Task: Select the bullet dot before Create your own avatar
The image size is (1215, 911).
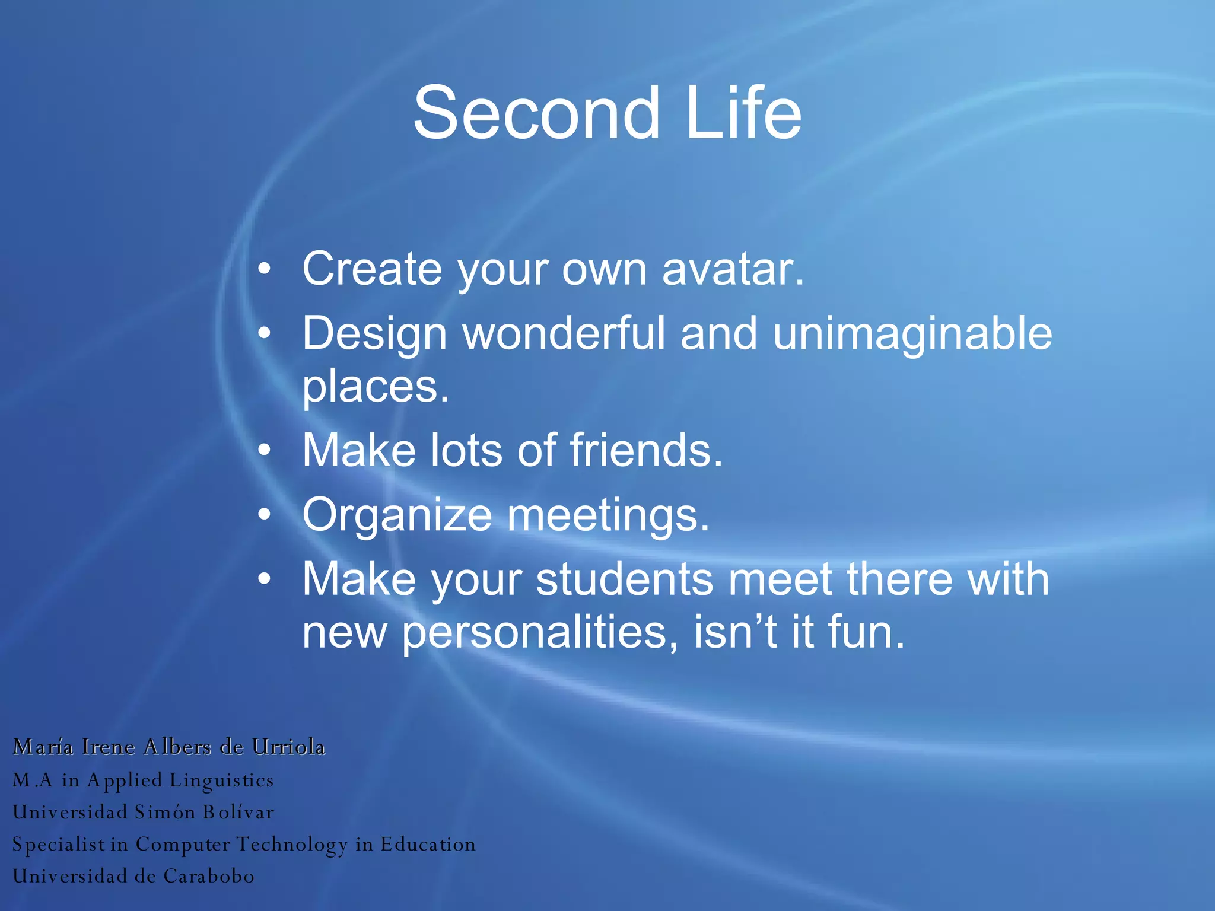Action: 265,270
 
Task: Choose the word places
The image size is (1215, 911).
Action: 376,387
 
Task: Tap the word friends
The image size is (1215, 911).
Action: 647,450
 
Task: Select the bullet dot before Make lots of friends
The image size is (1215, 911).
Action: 265,451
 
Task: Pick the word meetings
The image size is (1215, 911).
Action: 608,515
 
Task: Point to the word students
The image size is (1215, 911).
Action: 625,579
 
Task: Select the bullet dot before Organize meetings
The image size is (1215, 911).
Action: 265,515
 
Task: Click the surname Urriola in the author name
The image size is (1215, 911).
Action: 288,747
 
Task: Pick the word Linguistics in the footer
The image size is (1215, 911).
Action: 221,781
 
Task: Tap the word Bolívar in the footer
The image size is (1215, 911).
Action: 238,812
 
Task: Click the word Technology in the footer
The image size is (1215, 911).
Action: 292,845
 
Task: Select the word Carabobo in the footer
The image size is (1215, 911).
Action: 209,876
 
